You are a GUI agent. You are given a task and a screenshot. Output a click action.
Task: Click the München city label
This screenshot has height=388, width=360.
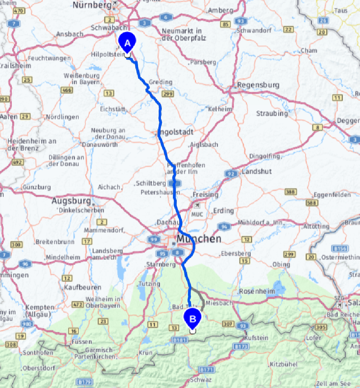click(199, 239)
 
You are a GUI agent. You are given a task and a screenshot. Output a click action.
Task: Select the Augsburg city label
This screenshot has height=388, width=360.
click(74, 201)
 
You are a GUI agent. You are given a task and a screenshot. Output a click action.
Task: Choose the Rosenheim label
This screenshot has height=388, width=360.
click(257, 291)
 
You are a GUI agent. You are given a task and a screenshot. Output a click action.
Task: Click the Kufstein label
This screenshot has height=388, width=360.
click(257, 338)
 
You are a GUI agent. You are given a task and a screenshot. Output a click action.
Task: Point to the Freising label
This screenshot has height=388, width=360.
click(205, 194)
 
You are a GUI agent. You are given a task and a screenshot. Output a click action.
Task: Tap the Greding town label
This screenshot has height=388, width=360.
click(160, 82)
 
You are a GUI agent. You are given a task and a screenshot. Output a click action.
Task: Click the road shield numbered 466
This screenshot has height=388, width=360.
click(67, 90)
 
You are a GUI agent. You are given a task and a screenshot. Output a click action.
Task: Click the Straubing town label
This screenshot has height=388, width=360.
click(272, 114)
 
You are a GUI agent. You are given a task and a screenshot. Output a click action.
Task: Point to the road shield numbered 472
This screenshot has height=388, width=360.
click(78, 304)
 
